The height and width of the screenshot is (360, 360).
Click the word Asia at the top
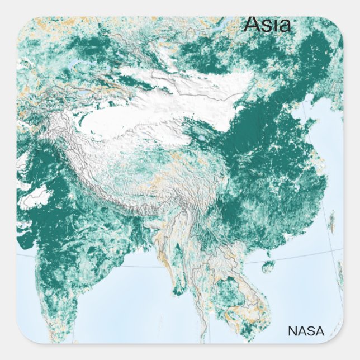coord(267,25)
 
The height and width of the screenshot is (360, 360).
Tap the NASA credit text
coord(306,331)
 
